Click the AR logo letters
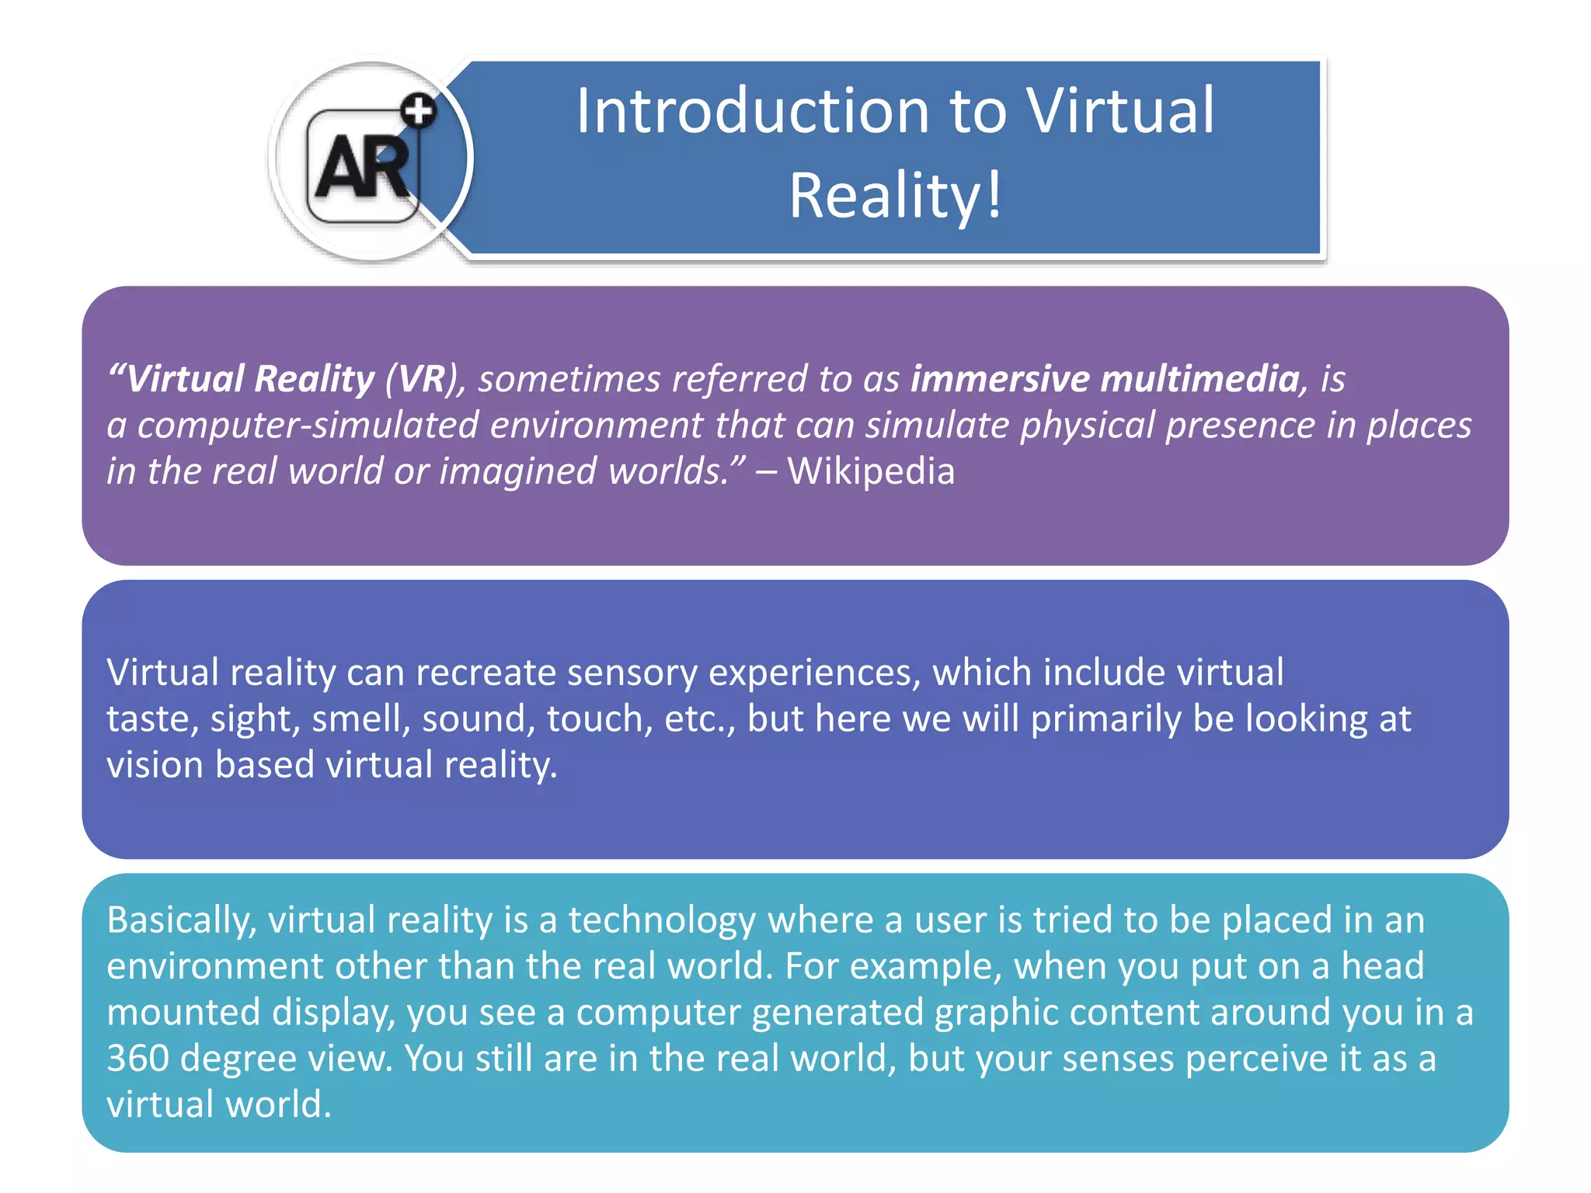(x=362, y=166)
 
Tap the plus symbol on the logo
(x=420, y=110)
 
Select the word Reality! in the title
(x=896, y=196)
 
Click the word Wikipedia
(x=871, y=471)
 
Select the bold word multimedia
(x=1199, y=379)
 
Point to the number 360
(x=138, y=1059)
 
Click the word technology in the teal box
(x=662, y=920)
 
